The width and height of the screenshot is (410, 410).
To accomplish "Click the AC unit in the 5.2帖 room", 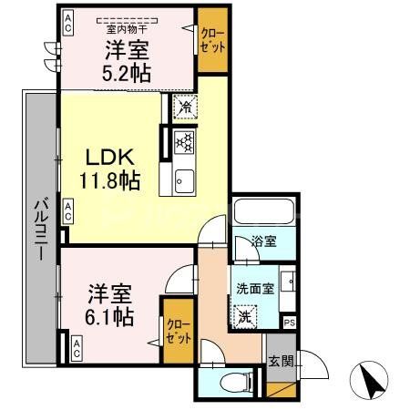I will tap(67, 28).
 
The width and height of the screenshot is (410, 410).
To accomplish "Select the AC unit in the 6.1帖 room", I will tap(77, 346).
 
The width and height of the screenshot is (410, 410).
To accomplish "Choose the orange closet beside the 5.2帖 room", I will tap(213, 41).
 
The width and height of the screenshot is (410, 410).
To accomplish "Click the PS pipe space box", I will tap(290, 322).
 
